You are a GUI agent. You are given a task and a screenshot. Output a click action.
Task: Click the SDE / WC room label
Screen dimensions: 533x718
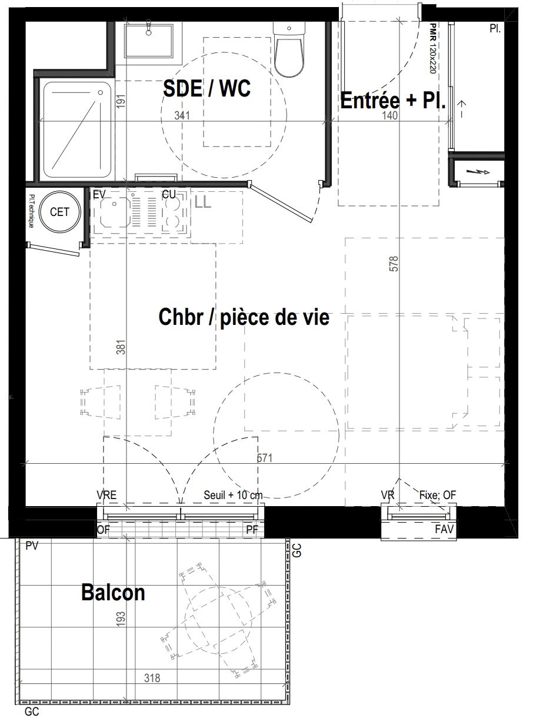[x=207, y=88]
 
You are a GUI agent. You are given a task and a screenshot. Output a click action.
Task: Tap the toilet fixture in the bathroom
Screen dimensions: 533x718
[x=289, y=49]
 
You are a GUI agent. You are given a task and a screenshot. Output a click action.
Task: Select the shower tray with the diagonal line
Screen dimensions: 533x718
[x=77, y=129]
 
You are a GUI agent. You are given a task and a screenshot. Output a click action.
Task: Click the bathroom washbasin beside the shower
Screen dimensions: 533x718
[x=148, y=41]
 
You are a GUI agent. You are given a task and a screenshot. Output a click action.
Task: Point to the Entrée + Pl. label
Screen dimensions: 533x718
[x=393, y=101]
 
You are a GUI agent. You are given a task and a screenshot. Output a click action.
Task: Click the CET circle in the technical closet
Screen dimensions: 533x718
[x=59, y=212]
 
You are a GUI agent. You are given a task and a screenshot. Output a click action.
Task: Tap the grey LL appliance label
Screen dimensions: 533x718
[x=203, y=202]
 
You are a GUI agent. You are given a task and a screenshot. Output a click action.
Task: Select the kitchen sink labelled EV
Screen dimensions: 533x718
[x=115, y=212]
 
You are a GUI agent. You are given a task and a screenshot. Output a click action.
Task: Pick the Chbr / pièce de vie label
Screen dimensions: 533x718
[x=244, y=317]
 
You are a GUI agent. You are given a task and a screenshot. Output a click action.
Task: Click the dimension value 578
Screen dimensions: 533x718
[x=394, y=264]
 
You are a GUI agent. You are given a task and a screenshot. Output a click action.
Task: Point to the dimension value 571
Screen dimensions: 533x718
[x=265, y=458]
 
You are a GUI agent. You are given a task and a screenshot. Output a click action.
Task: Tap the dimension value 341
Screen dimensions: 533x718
[x=182, y=115]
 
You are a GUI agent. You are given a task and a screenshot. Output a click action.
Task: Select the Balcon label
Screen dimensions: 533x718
[x=113, y=593]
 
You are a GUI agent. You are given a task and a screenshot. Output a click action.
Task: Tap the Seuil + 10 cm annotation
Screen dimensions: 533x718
[x=233, y=495]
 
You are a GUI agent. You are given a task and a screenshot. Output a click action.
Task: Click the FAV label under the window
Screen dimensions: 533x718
[x=444, y=529]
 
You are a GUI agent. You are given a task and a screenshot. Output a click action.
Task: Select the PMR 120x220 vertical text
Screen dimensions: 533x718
[x=432, y=49]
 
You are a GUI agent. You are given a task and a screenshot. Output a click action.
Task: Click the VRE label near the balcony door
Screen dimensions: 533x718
[x=106, y=495]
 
